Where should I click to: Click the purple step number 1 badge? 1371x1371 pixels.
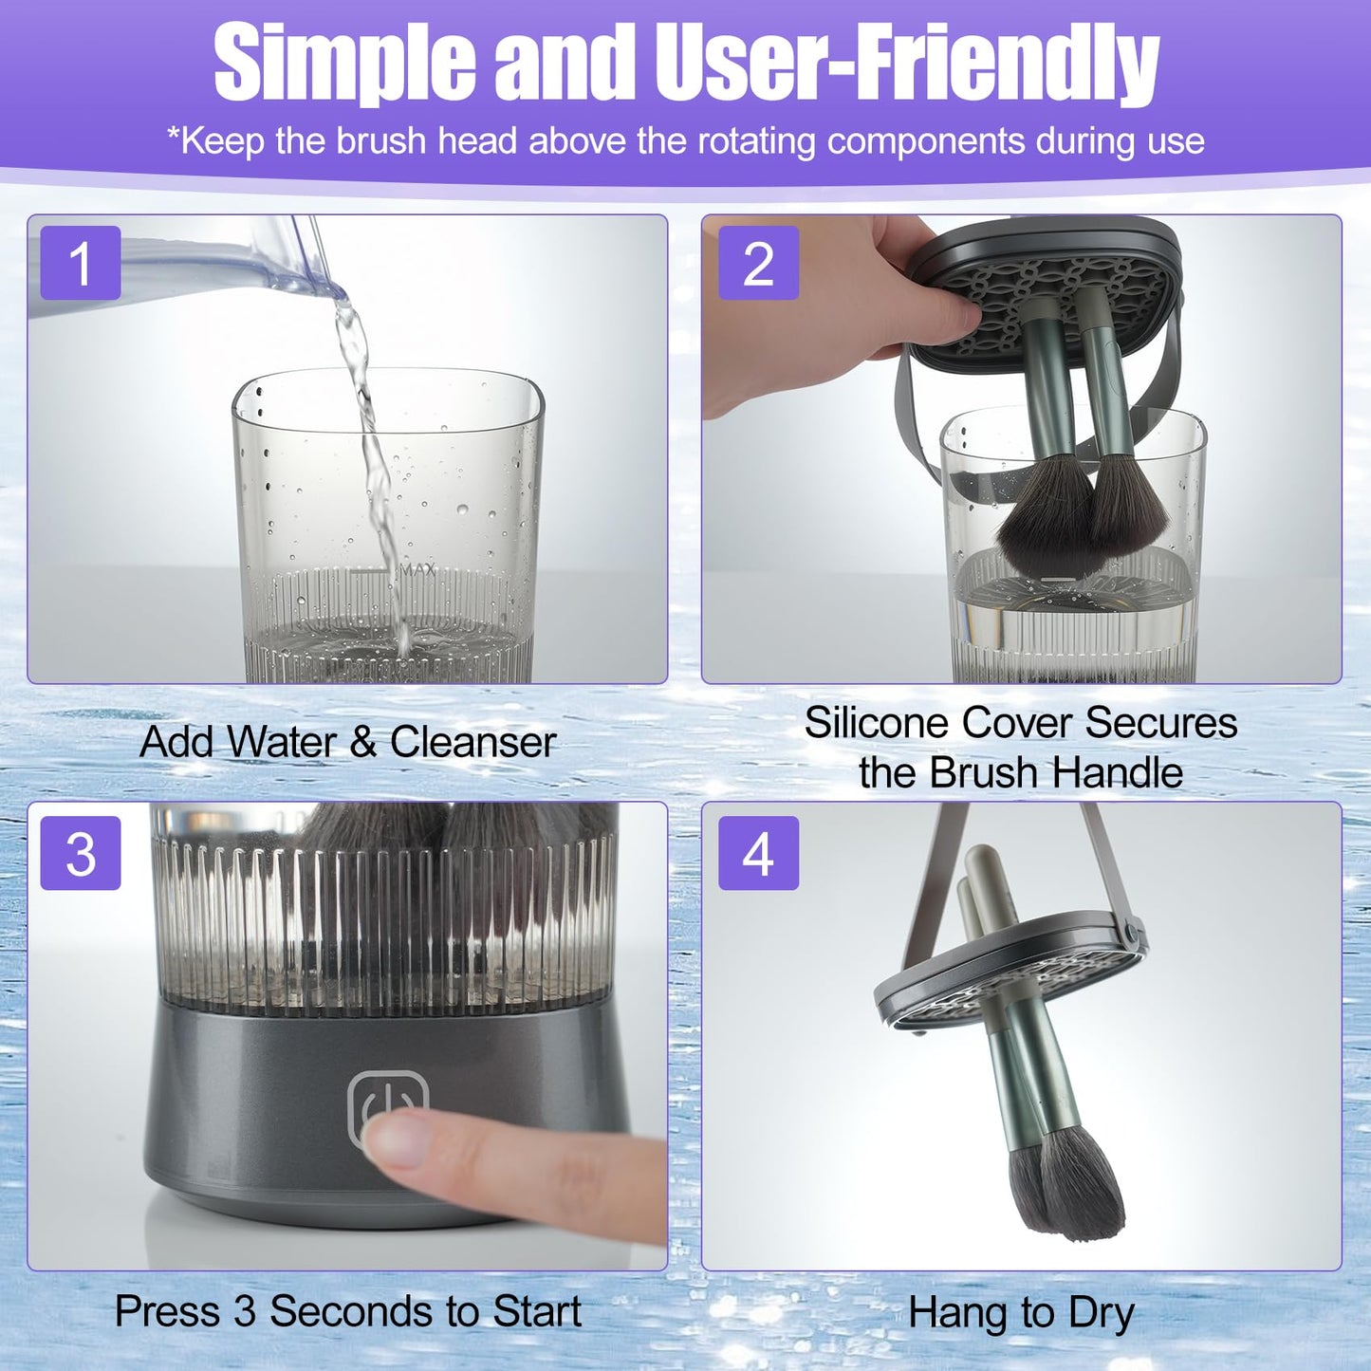pos(81,263)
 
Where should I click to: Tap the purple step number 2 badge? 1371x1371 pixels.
pos(758,263)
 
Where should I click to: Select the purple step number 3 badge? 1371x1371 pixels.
pos(81,853)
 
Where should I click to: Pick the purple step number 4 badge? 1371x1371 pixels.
pos(758,853)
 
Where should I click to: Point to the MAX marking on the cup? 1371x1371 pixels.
pos(418,570)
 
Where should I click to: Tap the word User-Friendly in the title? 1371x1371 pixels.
pos(908,64)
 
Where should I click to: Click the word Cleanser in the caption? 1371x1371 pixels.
pos(472,742)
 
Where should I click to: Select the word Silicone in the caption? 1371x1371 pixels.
pos(878,722)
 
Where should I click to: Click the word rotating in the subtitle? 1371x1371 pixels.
pos(756,140)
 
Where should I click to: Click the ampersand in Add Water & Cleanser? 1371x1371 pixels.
pos(362,743)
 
